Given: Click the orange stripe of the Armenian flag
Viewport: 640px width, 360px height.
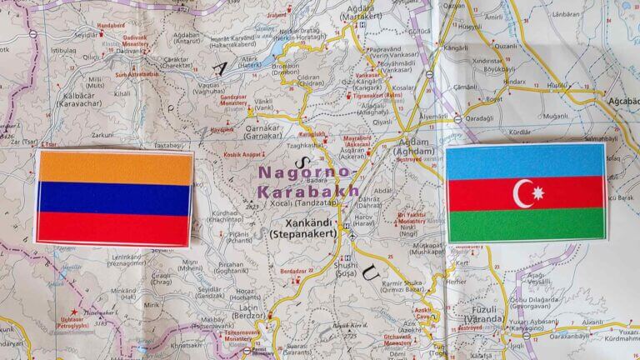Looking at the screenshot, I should click(114, 167).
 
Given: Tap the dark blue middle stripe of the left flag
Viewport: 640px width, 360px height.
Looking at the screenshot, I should click(114, 198).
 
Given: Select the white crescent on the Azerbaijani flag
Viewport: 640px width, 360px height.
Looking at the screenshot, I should click(522, 193).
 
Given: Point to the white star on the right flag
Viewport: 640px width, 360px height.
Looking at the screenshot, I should click(537, 193).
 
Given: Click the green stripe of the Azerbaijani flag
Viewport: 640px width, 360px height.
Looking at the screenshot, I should click(526, 224).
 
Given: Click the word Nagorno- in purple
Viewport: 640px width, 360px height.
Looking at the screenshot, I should click(306, 172).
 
